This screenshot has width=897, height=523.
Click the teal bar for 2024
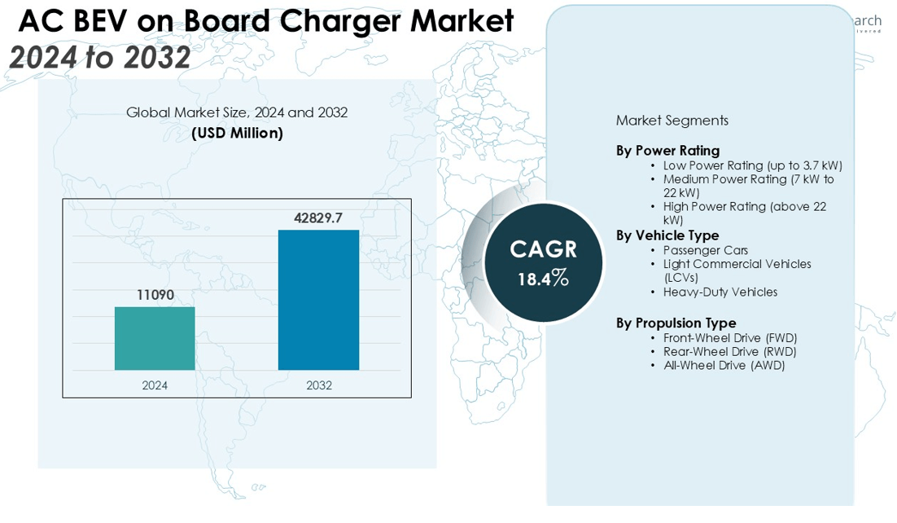pyautogui.click(x=155, y=338)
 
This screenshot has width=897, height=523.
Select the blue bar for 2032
pyautogui.click(x=318, y=300)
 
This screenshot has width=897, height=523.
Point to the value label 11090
pyautogui.click(x=155, y=295)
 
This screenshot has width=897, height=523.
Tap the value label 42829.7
pyautogui.click(x=318, y=218)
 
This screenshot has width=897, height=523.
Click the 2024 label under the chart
pyautogui.click(x=155, y=385)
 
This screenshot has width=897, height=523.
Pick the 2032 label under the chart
pyautogui.click(x=318, y=385)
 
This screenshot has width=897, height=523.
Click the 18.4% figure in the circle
pyautogui.click(x=543, y=279)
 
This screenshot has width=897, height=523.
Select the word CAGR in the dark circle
pyautogui.click(x=543, y=248)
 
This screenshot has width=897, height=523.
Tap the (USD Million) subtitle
pyautogui.click(x=237, y=133)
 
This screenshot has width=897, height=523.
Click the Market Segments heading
pyautogui.click(x=672, y=121)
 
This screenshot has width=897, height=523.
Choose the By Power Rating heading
pyautogui.click(x=667, y=151)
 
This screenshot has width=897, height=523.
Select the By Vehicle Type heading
pyautogui.click(x=667, y=236)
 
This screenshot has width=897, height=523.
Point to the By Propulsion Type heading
pyautogui.click(x=676, y=323)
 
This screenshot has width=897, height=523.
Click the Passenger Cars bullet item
pyautogui.click(x=705, y=250)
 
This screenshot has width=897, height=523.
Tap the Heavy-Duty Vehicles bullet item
pyautogui.click(x=720, y=292)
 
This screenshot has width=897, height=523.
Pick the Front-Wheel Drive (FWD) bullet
pyautogui.click(x=729, y=338)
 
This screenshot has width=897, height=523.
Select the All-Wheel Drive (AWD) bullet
pyautogui.click(x=724, y=365)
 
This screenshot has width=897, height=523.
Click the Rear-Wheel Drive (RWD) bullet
pyautogui.click(x=729, y=351)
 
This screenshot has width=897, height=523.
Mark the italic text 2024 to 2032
pyautogui.click(x=100, y=57)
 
